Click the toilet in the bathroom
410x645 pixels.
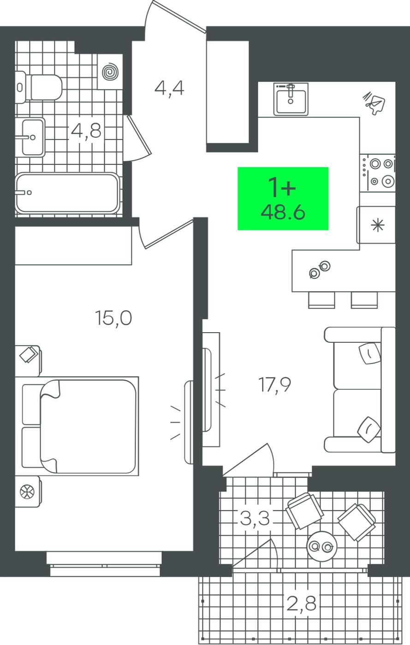tap(38, 87)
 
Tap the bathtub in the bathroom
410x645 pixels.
tap(67, 193)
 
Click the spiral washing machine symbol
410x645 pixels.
tap(110, 72)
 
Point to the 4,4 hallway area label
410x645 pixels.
tap(169, 88)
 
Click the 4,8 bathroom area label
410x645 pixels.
tap(86, 131)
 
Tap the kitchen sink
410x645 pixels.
tap(291, 99)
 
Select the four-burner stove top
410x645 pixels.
tap(377, 173)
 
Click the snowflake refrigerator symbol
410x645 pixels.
tap(377, 225)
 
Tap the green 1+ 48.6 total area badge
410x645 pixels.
tap(283, 199)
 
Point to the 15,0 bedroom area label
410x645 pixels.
tap(113, 318)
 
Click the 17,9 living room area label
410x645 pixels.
tap(274, 385)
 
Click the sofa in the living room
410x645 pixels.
tap(360, 390)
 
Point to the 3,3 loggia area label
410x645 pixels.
tap(255, 518)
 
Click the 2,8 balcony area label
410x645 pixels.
tap(301, 604)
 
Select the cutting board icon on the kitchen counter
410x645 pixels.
tap(374, 103)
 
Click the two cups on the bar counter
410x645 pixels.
tap(320, 270)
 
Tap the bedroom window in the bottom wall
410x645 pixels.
tap(104, 563)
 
